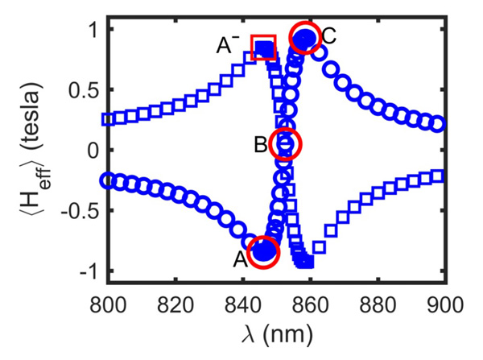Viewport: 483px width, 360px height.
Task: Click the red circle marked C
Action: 304,37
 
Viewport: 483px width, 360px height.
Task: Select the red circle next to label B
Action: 285,144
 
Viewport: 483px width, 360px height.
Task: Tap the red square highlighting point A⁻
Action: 264,48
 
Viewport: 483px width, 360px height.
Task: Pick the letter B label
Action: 259,146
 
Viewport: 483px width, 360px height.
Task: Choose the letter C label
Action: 328,35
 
